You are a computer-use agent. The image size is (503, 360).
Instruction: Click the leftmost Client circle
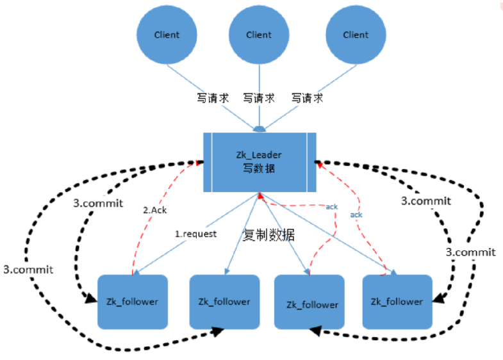(x=167, y=35)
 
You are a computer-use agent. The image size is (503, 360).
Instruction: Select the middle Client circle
(x=258, y=35)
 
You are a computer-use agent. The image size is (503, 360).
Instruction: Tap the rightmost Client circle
(x=356, y=35)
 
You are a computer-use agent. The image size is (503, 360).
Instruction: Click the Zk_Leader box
(x=260, y=163)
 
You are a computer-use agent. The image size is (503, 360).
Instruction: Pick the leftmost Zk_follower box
(x=133, y=302)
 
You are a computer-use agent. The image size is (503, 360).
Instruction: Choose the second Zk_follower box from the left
(x=224, y=302)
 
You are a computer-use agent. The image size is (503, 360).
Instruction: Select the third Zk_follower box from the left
(x=312, y=303)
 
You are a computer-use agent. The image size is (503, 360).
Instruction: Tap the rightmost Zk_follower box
(x=397, y=302)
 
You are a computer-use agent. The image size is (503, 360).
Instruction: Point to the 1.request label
(x=196, y=234)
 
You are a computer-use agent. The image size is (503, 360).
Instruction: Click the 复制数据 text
(x=268, y=234)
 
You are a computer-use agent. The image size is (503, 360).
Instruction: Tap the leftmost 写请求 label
(x=212, y=99)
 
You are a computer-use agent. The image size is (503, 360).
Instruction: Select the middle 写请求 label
(x=259, y=99)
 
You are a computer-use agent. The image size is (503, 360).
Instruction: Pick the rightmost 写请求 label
(x=307, y=99)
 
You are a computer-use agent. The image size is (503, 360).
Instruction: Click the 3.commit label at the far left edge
(x=28, y=269)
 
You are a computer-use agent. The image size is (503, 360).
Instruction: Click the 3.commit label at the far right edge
(x=471, y=252)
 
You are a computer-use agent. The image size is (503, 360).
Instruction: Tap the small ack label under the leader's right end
(x=357, y=215)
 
